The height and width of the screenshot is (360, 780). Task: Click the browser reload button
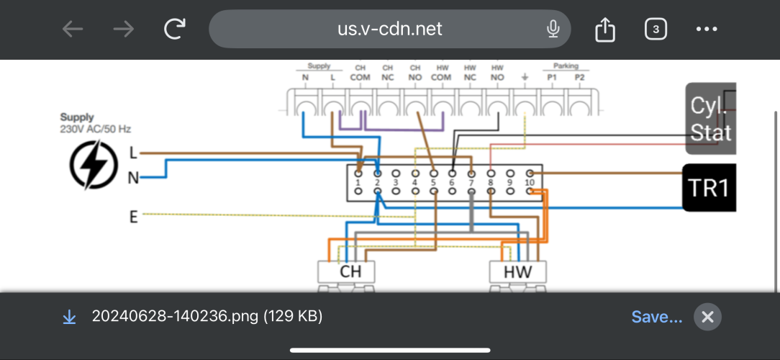pos(175,29)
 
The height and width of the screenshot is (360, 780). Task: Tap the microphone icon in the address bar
pos(553,29)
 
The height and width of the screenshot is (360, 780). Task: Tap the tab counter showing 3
pos(656,29)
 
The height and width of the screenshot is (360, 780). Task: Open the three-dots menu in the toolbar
pos(707,29)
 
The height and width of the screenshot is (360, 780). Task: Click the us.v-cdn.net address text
pos(390,29)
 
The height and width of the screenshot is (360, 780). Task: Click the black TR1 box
pos(709,188)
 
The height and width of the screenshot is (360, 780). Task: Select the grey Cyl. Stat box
pos(710,119)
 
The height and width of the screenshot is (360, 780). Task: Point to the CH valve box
pos(350,272)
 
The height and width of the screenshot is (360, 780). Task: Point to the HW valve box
pos(517,272)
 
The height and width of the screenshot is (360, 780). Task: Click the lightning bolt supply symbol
pos(94,164)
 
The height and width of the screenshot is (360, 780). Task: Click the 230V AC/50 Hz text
pos(95,130)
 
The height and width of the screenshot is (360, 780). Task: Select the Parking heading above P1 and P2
pos(566,66)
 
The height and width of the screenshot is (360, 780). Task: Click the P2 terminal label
pos(580,77)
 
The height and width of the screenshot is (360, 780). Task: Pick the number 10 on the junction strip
pos(530,184)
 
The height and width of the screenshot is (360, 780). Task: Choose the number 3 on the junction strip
pos(396,184)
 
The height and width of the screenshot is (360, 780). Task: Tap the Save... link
pos(656,317)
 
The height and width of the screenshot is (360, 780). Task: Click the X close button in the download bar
pos(707,317)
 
